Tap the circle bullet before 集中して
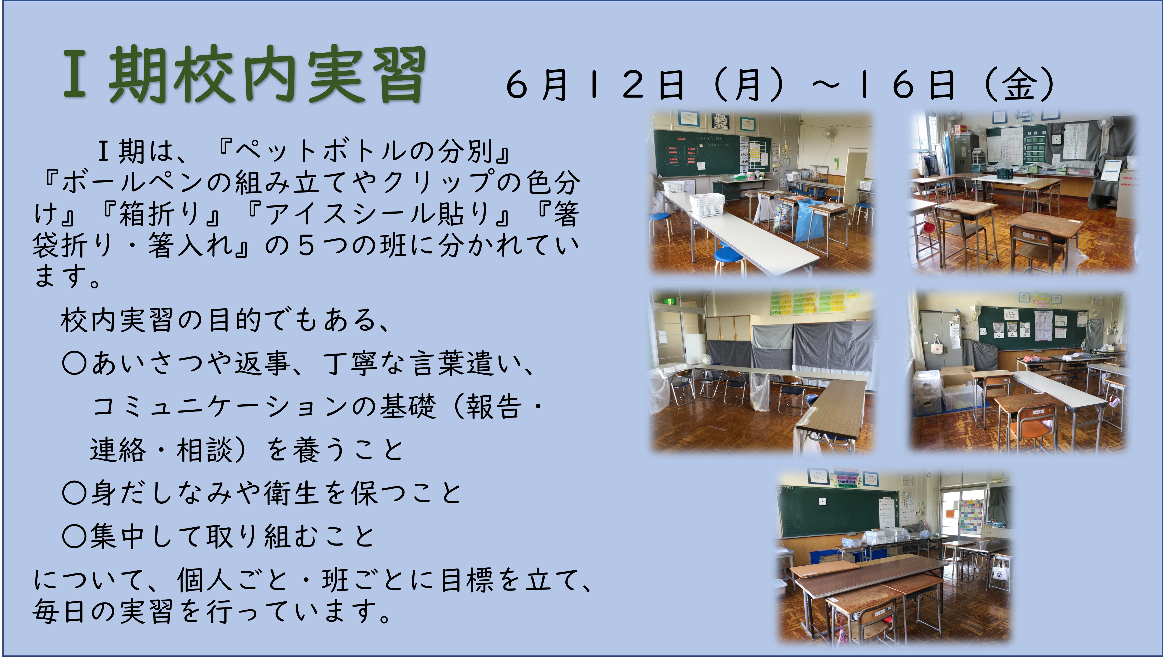point(75,536)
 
